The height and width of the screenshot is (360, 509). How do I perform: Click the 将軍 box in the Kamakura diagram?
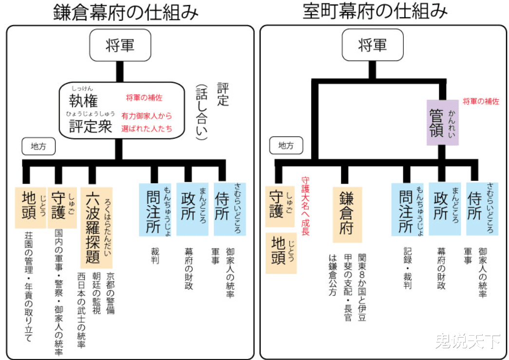click(x=120, y=45)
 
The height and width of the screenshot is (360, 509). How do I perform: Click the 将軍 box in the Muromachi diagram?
click(x=373, y=45)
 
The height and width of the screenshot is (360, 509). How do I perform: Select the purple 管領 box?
click(x=442, y=123)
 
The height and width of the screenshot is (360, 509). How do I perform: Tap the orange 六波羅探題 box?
click(x=96, y=227)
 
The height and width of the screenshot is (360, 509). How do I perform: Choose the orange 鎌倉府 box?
click(x=347, y=214)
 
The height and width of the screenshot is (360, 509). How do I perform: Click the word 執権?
click(x=83, y=101)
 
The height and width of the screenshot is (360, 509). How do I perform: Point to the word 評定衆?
click(x=91, y=126)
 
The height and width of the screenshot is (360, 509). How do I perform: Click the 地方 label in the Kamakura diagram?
click(x=38, y=147)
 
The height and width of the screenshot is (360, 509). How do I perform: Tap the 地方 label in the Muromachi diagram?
click(x=286, y=146)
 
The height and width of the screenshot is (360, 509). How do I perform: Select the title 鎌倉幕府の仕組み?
click(x=126, y=12)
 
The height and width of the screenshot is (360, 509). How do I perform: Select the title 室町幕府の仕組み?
click(x=375, y=11)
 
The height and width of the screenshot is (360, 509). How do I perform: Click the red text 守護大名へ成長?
click(x=305, y=206)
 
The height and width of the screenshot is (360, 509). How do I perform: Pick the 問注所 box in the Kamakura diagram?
click(x=155, y=209)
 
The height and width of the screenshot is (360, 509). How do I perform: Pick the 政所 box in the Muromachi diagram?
click(x=445, y=208)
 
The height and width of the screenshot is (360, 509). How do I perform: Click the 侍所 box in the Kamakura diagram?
click(x=230, y=209)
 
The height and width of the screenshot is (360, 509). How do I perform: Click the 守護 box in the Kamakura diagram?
click(x=62, y=208)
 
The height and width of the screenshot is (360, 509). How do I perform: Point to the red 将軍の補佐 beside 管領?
click(x=481, y=102)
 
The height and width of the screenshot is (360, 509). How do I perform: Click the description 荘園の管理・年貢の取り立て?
click(x=29, y=286)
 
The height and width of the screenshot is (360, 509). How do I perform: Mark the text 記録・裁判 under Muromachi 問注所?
click(x=408, y=268)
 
